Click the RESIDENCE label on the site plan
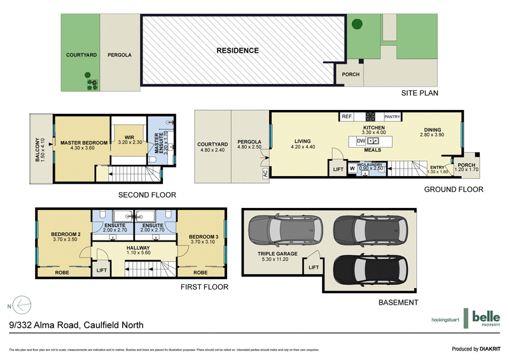[237, 51]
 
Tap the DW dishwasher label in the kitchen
[361, 141]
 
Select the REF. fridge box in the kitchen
[347, 117]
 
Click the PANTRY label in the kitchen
[392, 117]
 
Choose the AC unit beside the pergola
[264, 172]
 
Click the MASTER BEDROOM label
[82, 143]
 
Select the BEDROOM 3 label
[204, 237]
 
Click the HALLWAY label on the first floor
[137, 248]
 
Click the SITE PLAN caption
[419, 93]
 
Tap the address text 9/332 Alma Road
[76, 325]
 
